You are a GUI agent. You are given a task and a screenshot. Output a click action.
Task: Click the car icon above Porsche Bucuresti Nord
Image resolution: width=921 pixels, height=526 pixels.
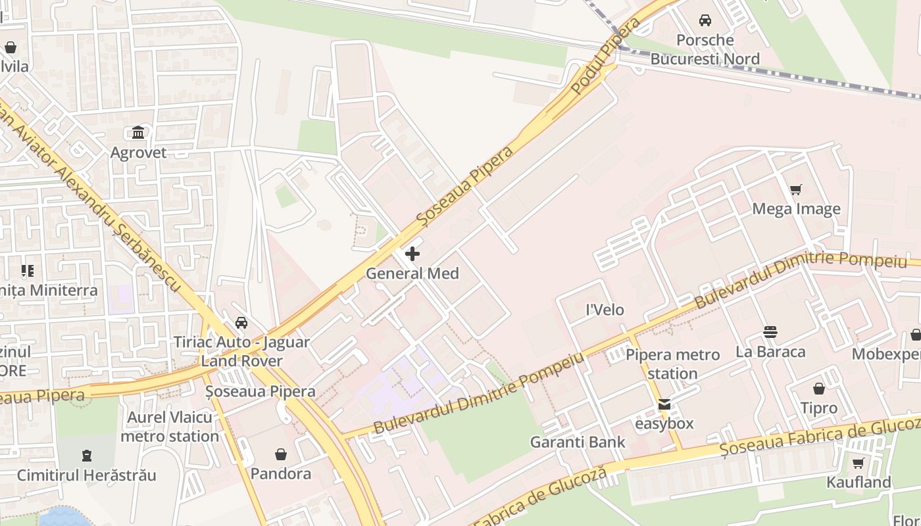[705, 20]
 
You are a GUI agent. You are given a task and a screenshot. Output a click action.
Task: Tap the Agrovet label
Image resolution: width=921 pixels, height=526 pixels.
[138, 153]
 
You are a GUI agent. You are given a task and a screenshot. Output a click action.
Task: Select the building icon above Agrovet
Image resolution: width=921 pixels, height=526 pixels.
[138, 133]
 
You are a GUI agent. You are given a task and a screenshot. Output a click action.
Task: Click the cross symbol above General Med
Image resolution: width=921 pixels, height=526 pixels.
[412, 254]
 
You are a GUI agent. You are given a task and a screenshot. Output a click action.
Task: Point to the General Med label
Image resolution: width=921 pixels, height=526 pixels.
[412, 274]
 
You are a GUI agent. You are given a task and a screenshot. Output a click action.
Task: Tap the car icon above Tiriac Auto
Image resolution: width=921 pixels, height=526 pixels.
[241, 323]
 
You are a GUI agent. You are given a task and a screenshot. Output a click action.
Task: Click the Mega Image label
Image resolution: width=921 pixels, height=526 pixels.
[796, 209]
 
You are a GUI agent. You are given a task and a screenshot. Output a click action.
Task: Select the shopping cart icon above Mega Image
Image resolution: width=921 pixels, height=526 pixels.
[796, 190]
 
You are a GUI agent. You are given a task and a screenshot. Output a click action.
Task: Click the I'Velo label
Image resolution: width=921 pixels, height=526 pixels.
[605, 310]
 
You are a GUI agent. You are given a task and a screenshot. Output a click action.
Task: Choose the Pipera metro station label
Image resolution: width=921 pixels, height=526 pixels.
[672, 364]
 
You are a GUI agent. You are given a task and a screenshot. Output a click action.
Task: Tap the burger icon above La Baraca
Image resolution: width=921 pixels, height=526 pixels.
[770, 332]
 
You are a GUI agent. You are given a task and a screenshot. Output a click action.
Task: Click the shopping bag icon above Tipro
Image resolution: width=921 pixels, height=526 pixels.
[819, 389]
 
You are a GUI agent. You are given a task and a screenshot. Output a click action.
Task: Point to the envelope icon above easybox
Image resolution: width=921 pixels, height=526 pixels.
[664, 404]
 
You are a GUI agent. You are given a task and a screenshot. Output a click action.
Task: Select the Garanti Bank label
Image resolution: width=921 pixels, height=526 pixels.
[578, 442]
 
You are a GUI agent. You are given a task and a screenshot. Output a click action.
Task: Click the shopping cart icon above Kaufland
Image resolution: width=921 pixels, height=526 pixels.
[859, 463]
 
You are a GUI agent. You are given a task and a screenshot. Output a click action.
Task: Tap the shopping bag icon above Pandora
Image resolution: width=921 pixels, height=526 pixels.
[281, 454]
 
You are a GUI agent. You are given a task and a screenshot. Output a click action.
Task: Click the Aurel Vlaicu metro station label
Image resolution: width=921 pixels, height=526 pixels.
[170, 427]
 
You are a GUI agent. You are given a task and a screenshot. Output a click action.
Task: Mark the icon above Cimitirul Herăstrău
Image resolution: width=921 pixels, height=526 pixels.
[86, 456]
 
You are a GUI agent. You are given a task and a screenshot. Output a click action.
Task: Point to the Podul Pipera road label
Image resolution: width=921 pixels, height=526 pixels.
[606, 56]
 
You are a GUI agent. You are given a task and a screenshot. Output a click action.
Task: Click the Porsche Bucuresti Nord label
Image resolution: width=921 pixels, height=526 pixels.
[705, 49]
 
